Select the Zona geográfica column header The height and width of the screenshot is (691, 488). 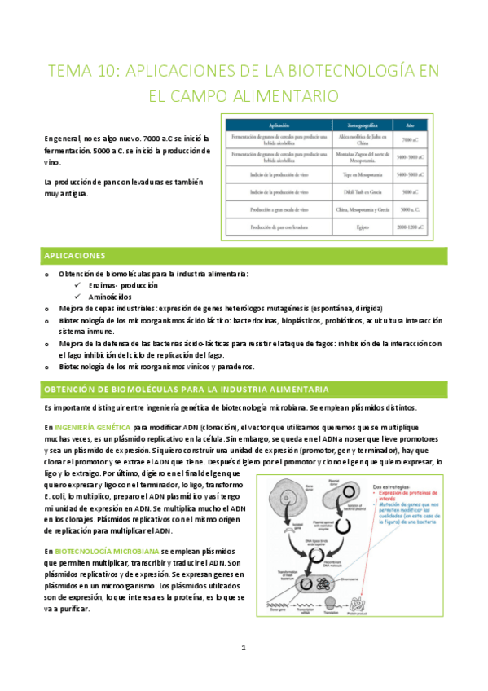click(x=351, y=125)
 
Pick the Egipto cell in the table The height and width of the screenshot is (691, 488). click(x=351, y=227)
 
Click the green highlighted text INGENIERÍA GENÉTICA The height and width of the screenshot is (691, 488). click(x=90, y=427)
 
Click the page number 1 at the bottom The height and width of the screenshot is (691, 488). click(x=244, y=648)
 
